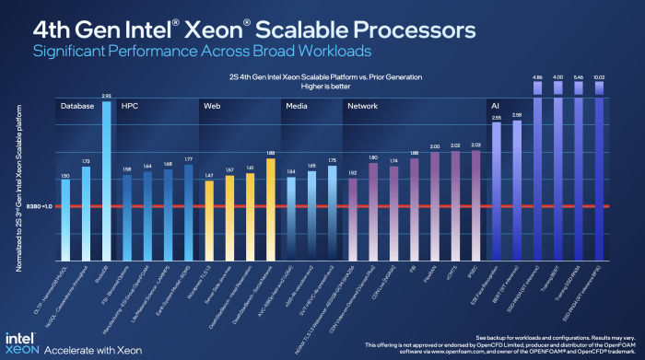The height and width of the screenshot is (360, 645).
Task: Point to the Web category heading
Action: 211,107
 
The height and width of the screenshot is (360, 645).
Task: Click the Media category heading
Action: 296,107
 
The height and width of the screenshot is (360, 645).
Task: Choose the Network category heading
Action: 362,107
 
